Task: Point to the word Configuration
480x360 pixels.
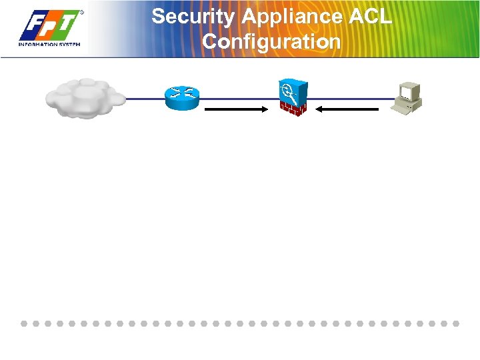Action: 271,42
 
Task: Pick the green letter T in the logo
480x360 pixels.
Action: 68,26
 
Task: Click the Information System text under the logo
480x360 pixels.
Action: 49,45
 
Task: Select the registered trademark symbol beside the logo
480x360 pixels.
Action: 82,12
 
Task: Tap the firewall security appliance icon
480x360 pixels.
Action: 291,97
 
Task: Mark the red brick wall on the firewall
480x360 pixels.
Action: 292,108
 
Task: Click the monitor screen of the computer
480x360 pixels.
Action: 407,90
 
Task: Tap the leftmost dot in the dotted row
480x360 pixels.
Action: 24,323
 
